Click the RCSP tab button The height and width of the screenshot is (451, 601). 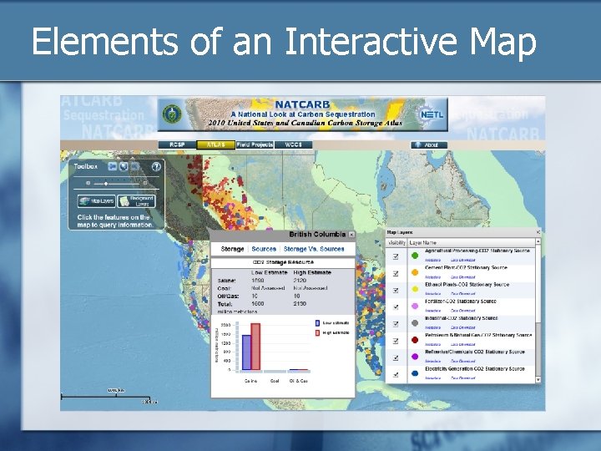pyautogui.click(x=177, y=144)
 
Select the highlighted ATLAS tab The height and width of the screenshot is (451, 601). pyautogui.click(x=215, y=144)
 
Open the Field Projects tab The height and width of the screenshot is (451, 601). pyautogui.click(x=255, y=144)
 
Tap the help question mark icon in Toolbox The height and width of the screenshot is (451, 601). pyautogui.click(x=155, y=166)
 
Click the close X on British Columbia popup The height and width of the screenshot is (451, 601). pyautogui.click(x=351, y=236)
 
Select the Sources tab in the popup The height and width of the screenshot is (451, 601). pyautogui.click(x=264, y=249)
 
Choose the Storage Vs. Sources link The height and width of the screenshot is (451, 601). pyautogui.click(x=313, y=249)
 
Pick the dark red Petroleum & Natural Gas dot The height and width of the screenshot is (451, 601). pyautogui.click(x=415, y=340)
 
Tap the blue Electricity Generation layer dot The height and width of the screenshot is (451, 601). pyautogui.click(x=415, y=373)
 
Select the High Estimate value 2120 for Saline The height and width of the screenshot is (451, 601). pyautogui.click(x=300, y=281)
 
